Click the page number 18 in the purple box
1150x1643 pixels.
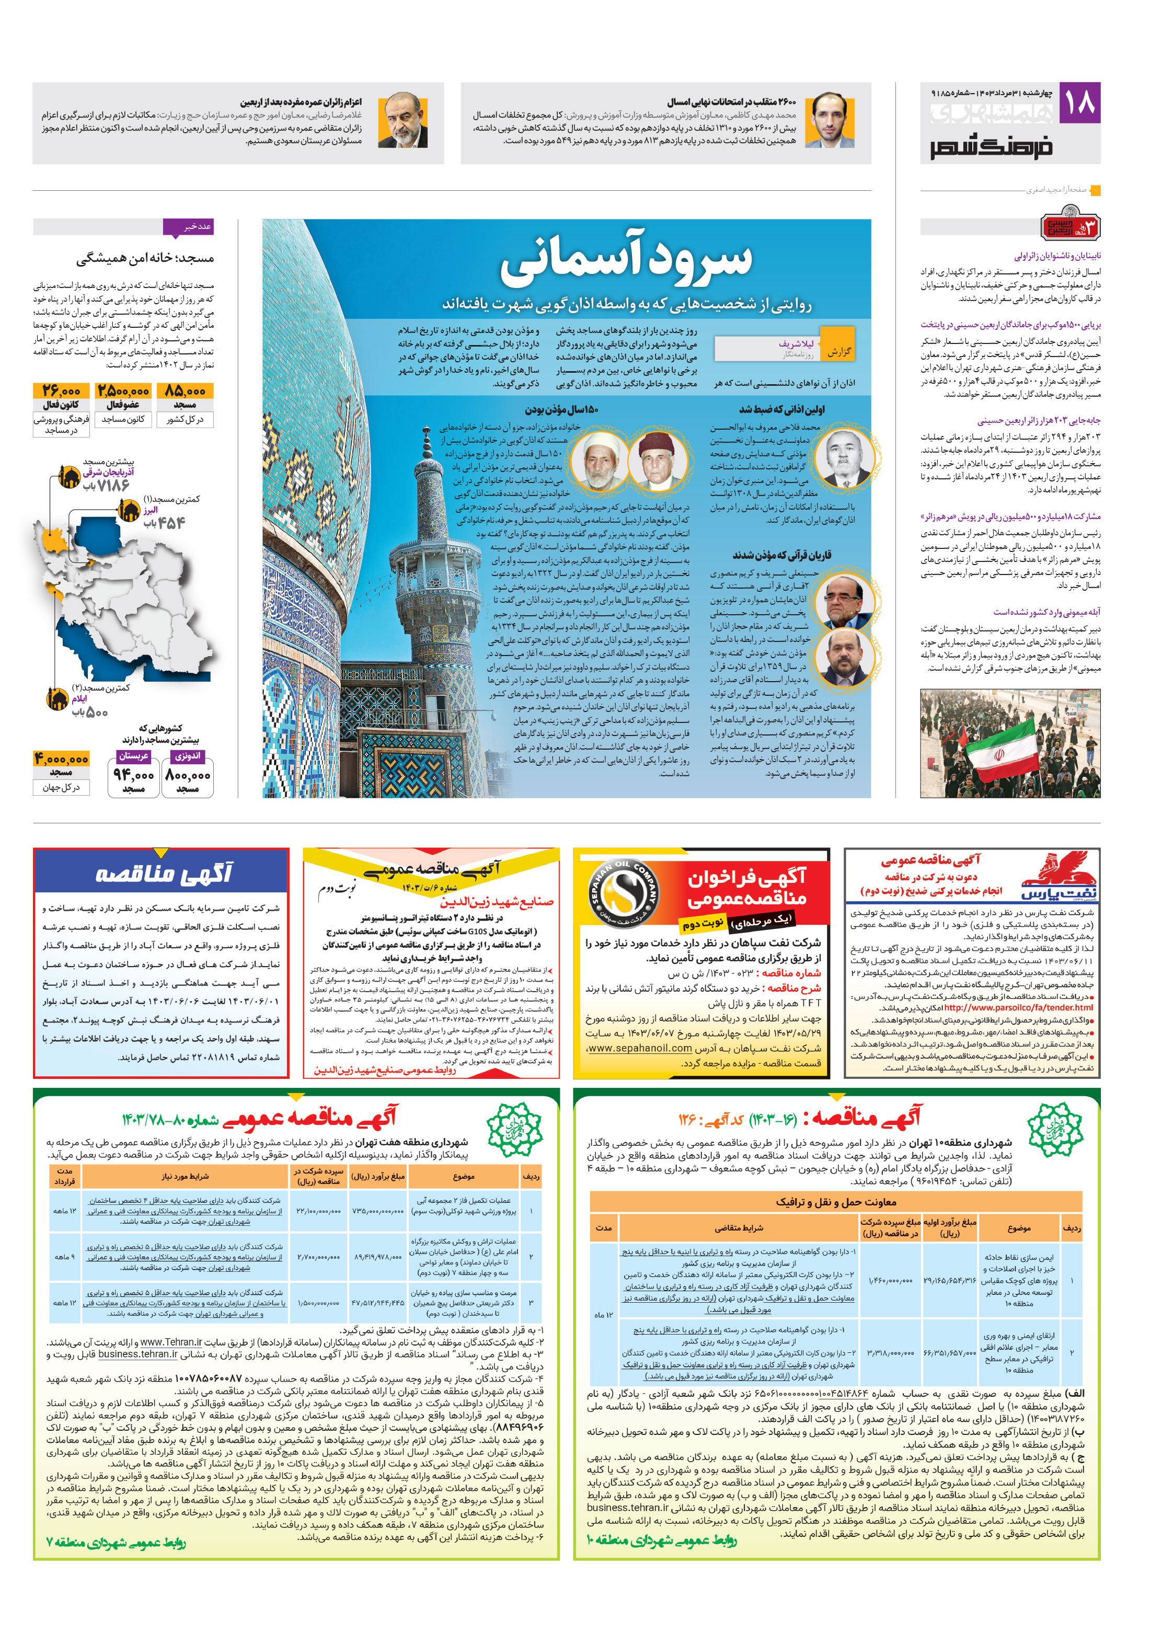1079,102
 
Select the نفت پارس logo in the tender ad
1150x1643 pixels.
1059,877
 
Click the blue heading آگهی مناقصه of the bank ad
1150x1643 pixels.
163,874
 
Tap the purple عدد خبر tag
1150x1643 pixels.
189,227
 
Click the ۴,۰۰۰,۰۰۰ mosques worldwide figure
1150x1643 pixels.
61,759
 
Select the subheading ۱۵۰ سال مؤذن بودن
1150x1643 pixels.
561,409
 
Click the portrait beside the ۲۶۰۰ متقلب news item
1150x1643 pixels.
830,120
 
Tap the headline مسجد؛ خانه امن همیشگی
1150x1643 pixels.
145,258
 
